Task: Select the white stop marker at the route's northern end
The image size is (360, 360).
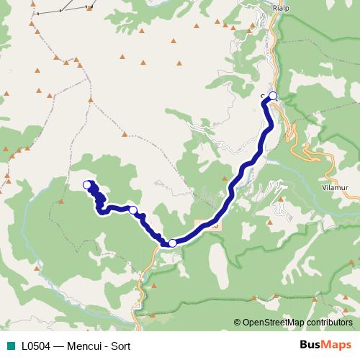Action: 273,95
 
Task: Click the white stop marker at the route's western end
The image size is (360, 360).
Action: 87,185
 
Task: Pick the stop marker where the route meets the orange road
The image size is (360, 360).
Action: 173,243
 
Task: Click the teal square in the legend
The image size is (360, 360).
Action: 11,346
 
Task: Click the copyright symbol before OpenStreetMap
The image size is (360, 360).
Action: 238,323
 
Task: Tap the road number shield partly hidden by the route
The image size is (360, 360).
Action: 210,225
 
